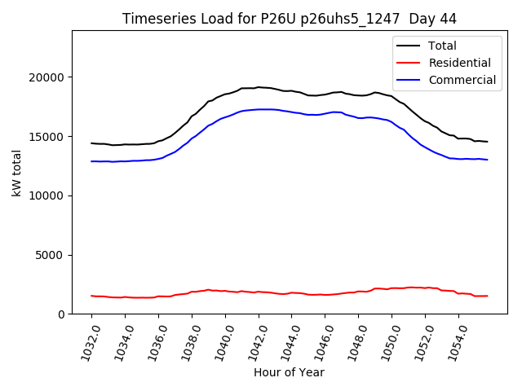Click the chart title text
click(x=290, y=19)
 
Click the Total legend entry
click(x=442, y=46)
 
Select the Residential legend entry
click(x=459, y=63)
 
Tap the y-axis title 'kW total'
click(x=16, y=173)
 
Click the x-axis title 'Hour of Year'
click(x=289, y=372)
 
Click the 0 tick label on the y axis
click(x=61, y=314)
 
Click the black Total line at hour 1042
click(x=259, y=87)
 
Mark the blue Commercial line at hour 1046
click(x=325, y=114)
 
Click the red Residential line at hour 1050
click(x=391, y=288)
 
